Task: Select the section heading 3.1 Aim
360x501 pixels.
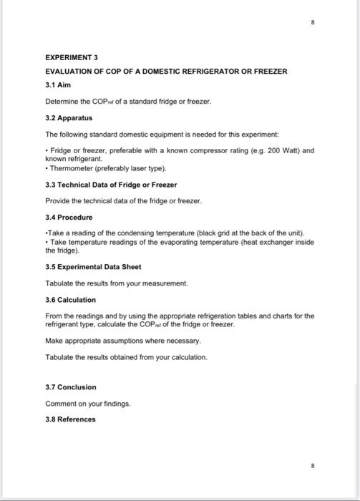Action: pyautogui.click(x=59, y=84)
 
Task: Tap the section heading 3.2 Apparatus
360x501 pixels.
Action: pyautogui.click(x=69, y=117)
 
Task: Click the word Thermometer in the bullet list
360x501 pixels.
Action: pyautogui.click(x=69, y=168)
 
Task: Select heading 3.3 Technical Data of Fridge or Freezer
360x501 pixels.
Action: pyautogui.click(x=111, y=185)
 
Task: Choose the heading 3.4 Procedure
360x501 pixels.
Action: pyautogui.click(x=69, y=217)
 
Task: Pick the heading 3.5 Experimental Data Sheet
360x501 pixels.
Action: pyautogui.click(x=96, y=267)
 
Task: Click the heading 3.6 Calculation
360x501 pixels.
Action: pyautogui.click(x=70, y=300)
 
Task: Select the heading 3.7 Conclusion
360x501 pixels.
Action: pyautogui.click(x=70, y=387)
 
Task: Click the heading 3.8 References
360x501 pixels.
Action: pyautogui.click(x=70, y=419)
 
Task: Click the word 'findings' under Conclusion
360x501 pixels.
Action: pyautogui.click(x=117, y=404)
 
